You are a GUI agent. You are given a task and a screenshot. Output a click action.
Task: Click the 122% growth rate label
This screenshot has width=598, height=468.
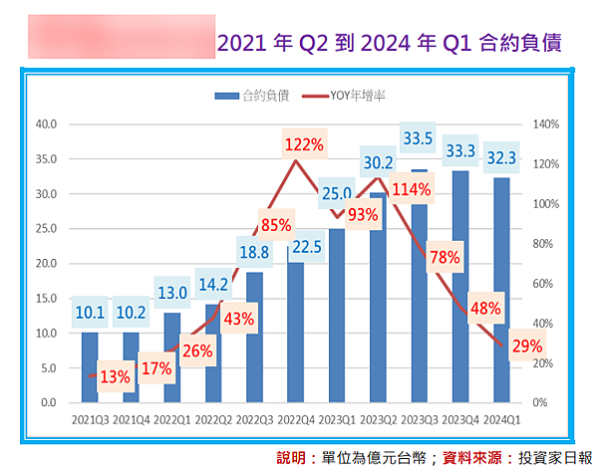pyautogui.click(x=304, y=145)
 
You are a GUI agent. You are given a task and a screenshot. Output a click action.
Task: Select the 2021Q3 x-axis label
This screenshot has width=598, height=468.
pyautogui.click(x=89, y=418)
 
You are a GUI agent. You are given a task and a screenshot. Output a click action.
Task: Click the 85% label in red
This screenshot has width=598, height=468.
pyautogui.click(x=276, y=224)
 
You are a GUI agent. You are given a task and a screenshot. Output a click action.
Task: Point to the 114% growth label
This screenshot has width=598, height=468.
pyautogui.click(x=412, y=189)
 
